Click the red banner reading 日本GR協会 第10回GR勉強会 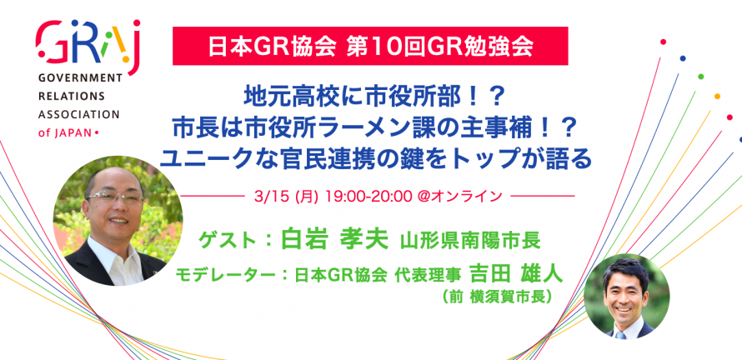[370, 45]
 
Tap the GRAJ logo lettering [88, 44]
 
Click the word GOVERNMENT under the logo [79, 78]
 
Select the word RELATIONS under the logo [71, 96]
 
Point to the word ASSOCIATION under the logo [78, 114]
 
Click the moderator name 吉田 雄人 [516, 273]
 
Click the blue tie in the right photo [622, 333]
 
